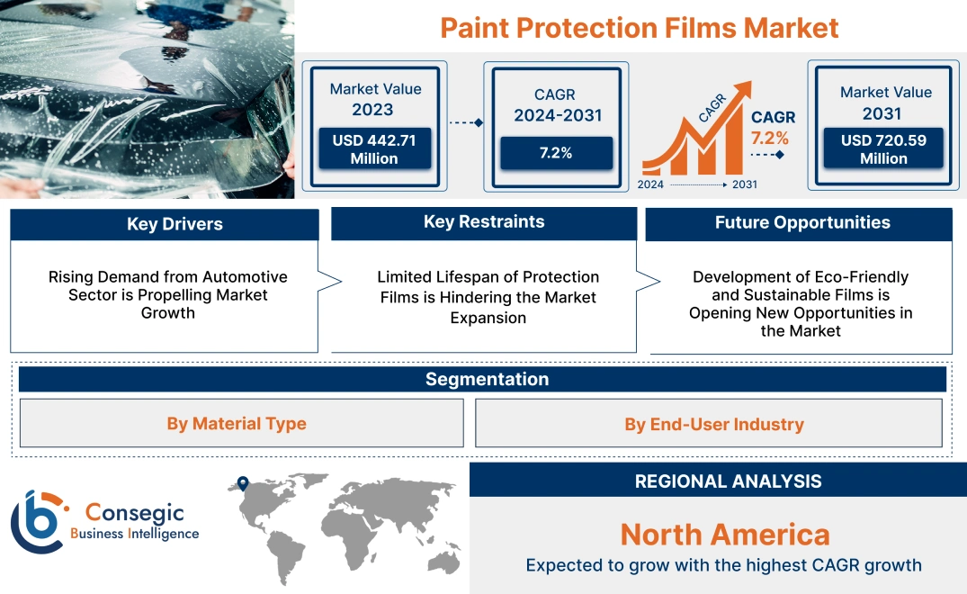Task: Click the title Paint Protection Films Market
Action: (x=639, y=27)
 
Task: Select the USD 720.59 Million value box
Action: (x=883, y=148)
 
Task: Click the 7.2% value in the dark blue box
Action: (x=556, y=153)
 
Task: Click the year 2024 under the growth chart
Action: (x=651, y=184)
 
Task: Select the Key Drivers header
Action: (x=164, y=224)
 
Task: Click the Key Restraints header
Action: (x=484, y=222)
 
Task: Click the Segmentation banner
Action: (x=487, y=379)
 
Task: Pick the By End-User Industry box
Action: (x=713, y=424)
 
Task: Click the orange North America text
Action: (x=725, y=535)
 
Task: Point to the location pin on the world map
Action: (x=241, y=483)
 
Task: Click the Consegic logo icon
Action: (x=36, y=522)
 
